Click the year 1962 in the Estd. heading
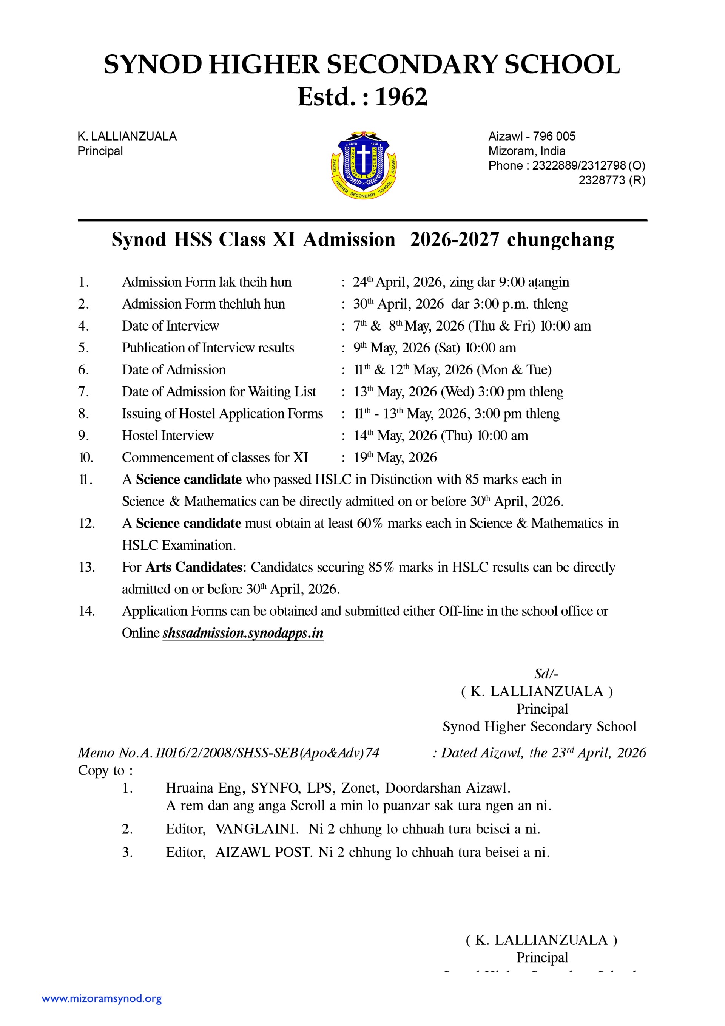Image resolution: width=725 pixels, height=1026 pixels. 401,97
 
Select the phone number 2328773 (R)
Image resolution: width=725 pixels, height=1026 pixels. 612,180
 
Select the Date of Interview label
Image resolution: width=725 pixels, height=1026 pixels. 170,326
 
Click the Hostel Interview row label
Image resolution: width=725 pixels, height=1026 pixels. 168,435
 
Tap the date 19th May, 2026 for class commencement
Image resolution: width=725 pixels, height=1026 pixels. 395,457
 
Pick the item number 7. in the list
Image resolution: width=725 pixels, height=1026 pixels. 83,391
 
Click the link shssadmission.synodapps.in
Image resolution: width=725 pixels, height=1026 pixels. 242,633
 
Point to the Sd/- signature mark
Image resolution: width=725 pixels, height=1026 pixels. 546,674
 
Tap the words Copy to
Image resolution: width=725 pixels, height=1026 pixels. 105,770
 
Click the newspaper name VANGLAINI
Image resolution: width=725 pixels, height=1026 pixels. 256,829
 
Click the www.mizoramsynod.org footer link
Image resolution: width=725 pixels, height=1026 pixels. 102,998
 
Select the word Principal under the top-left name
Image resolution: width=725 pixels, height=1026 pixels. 100,151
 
